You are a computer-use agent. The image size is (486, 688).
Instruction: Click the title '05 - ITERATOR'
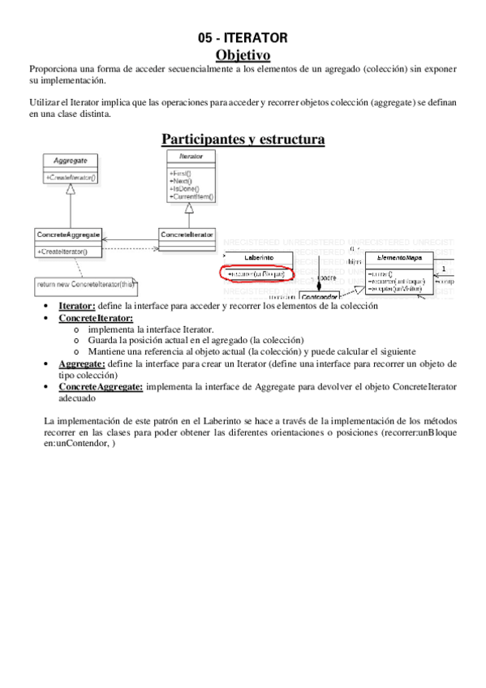243,37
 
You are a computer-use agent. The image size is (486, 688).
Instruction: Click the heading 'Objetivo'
243,55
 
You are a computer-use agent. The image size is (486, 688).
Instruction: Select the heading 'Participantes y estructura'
243,140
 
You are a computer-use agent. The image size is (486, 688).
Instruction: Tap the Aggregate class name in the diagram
70,161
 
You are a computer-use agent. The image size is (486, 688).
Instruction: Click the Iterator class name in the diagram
188,156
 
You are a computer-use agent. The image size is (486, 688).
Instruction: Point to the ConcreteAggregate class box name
68,234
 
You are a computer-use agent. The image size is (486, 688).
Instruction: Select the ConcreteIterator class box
187,234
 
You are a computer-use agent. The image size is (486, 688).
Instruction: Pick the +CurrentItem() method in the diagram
191,196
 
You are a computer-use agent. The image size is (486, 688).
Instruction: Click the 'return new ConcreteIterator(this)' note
85,284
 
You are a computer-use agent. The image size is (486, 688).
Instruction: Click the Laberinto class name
255,257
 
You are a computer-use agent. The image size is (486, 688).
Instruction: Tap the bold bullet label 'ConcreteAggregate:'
101,387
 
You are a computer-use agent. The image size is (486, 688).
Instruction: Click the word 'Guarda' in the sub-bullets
102,341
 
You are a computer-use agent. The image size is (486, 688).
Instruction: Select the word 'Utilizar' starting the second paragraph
45,105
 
